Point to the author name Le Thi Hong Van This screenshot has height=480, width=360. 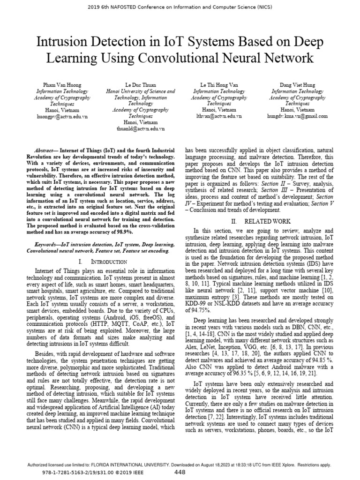pyautogui.click(x=219, y=85)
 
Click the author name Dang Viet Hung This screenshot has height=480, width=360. pyautogui.click(x=297, y=85)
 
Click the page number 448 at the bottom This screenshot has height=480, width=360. pyautogui.click(x=180, y=472)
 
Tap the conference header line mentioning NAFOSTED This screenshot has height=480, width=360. pyautogui.click(x=180, y=7)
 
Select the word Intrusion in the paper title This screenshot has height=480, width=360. pyautogui.click(x=64, y=42)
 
